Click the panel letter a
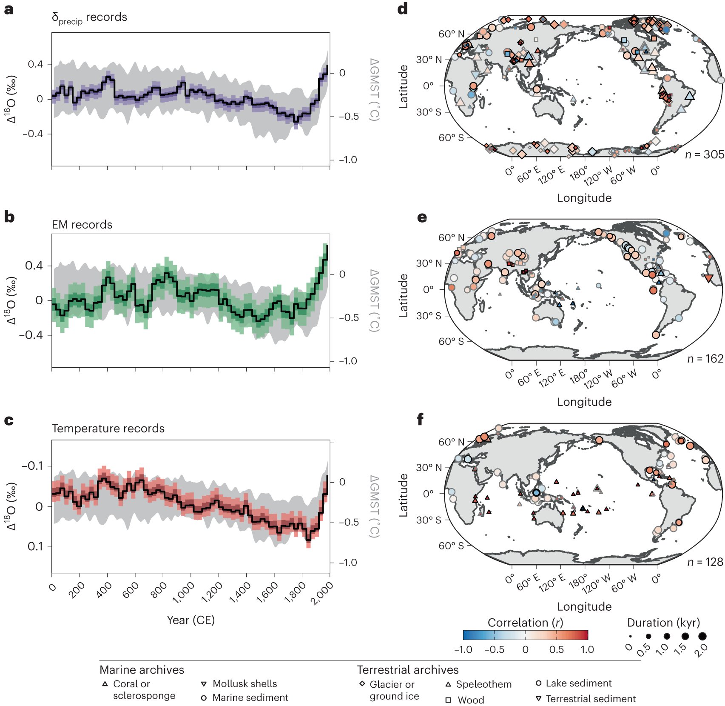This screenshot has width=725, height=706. pyautogui.click(x=9, y=9)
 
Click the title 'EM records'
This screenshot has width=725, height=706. pyautogui.click(x=82, y=225)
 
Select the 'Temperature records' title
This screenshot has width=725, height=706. pyautogui.click(x=108, y=429)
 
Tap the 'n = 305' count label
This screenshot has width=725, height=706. pyautogui.click(x=704, y=155)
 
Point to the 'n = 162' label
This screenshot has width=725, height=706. pyautogui.click(x=705, y=359)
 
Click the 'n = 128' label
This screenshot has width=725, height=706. pyautogui.click(x=705, y=563)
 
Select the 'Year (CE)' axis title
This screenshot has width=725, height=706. pyautogui.click(x=190, y=620)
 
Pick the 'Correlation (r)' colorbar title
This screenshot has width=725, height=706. pyautogui.click(x=525, y=623)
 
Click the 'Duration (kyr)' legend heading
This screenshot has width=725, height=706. pyautogui.click(x=663, y=623)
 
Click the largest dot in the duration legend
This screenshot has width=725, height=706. pyautogui.click(x=702, y=637)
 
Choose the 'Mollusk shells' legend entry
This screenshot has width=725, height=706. pyautogui.click(x=245, y=684)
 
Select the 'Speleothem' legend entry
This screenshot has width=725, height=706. pyautogui.click(x=483, y=684)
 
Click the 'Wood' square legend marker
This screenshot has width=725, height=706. pyautogui.click(x=448, y=700)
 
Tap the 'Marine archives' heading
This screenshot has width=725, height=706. pyautogui.click(x=142, y=670)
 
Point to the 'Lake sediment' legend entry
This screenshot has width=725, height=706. pyautogui.click(x=578, y=683)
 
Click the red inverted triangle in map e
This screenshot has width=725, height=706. pyautogui.click(x=708, y=278)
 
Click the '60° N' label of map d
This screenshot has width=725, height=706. pyautogui.click(x=451, y=34)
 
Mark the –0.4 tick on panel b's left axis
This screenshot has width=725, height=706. pyautogui.click(x=31, y=335)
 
